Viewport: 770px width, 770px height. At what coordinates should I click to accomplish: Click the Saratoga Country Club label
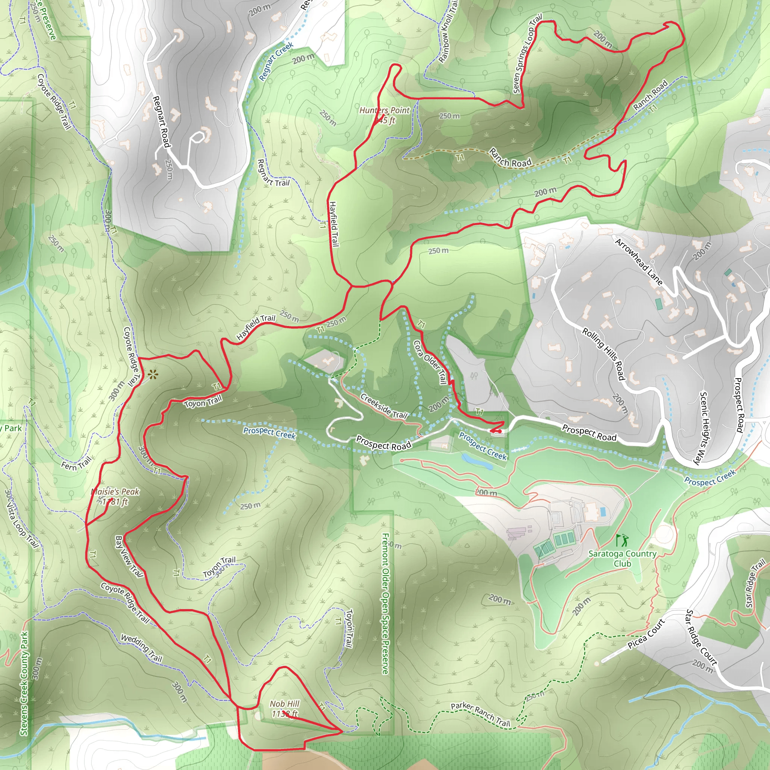point(622,558)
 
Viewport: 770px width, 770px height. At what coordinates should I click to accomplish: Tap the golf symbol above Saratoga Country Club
point(621,540)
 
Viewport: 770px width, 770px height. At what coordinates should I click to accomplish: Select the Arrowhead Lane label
point(638,262)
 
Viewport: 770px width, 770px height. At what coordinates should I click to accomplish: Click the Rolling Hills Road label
point(603,354)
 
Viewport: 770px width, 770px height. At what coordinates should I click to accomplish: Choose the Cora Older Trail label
point(430,362)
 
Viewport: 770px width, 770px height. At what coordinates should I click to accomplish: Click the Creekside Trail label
point(383,406)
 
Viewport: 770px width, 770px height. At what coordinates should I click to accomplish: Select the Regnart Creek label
point(276,61)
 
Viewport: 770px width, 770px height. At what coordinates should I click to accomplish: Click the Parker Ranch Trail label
point(480,714)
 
